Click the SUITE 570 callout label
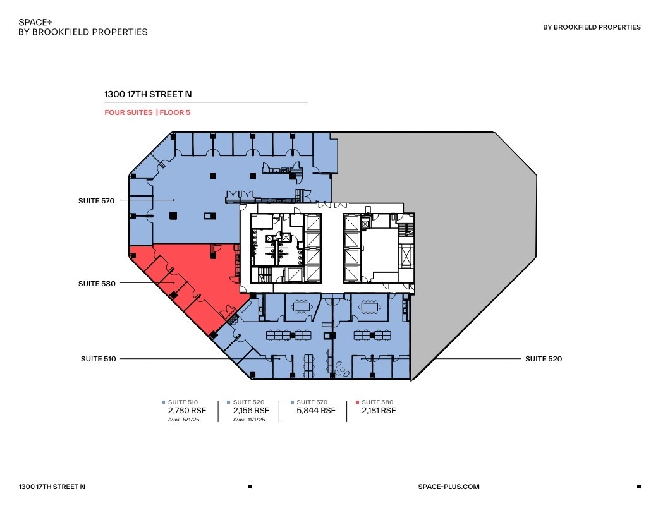pos(97,201)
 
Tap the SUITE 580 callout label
pos(97,284)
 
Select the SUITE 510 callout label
pos(98,359)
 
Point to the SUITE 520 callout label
pos(544,359)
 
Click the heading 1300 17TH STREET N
pos(148,95)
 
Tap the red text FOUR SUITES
pos(128,112)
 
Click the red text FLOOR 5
pos(174,112)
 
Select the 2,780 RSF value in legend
pos(183,411)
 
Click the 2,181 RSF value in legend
pos(379,411)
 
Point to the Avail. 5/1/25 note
pos(183,420)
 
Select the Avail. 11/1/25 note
pos(250,420)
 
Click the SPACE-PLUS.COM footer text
pos(449,487)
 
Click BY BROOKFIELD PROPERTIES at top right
pos(592,27)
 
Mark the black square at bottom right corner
pos(638,487)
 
